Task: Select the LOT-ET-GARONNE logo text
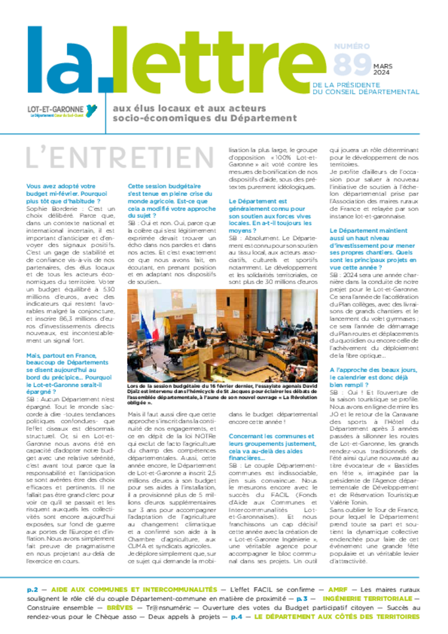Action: [x=56, y=109]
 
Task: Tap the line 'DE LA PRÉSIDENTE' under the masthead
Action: [x=345, y=86]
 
